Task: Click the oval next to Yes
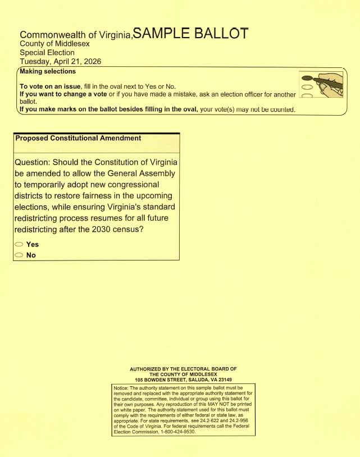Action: [x=19, y=245]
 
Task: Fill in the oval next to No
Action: [x=19, y=255]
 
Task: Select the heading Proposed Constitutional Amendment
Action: [x=78, y=138]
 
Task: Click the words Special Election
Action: [x=47, y=53]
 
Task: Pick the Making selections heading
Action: [x=48, y=72]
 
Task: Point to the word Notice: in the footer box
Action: [x=122, y=388]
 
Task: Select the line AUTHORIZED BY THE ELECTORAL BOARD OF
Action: [x=183, y=369]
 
